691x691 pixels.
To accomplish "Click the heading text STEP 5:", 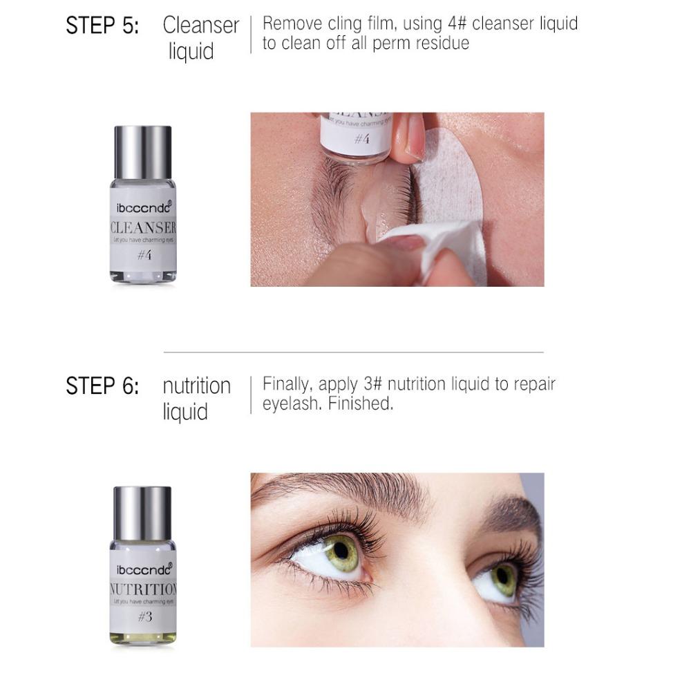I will pos(102,26).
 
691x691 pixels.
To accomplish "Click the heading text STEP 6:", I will pos(102,386).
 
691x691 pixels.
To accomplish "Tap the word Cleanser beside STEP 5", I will pos(200,26).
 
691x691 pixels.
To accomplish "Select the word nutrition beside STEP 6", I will pos(196,386).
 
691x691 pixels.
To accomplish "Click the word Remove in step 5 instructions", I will pos(292,23).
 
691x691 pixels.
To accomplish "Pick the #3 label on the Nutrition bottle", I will pos(144,617).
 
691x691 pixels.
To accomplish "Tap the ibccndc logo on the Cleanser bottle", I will pos(142,206).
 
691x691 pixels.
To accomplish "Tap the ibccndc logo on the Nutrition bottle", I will pos(142,569).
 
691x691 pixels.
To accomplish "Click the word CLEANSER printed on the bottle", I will pos(143,228).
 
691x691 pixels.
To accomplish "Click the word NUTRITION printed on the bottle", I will pos(143,590).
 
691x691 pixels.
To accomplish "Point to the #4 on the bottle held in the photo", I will pos(362,140).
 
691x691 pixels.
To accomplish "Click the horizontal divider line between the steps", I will pos(353,352).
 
